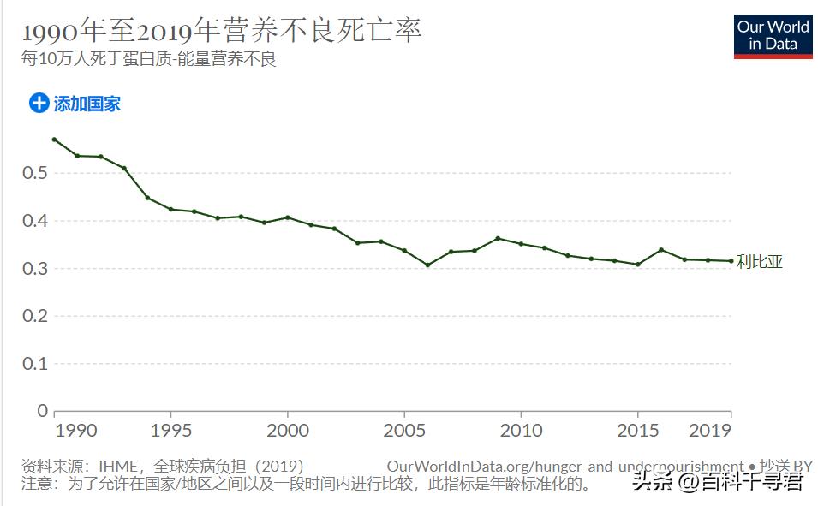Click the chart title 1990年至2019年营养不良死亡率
(222, 32)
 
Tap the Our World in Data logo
(773, 36)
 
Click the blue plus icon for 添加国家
(39, 104)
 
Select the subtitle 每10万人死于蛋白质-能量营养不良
(148, 60)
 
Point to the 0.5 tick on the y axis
(35, 173)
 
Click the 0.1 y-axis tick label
(35, 364)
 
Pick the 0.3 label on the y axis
(35, 269)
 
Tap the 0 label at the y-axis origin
(42, 411)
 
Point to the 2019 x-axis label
(711, 429)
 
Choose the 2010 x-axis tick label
(521, 429)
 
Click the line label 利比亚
(759, 262)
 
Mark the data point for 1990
(54, 140)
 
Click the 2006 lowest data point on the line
(427, 265)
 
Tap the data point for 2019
(731, 261)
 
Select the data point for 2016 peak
(661, 250)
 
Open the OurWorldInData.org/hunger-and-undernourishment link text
(565, 467)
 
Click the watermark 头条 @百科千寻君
(718, 482)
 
